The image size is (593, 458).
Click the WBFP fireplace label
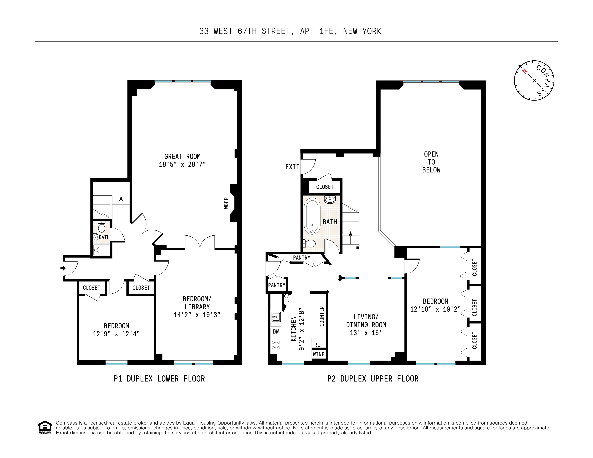(226, 203)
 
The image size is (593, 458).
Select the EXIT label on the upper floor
(292, 167)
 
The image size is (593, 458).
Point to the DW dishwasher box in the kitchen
(276, 332)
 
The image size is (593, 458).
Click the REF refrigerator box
(319, 345)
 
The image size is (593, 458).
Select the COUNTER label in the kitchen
(322, 316)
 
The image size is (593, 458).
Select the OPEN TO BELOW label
(431, 162)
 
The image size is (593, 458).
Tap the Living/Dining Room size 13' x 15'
(366, 333)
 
